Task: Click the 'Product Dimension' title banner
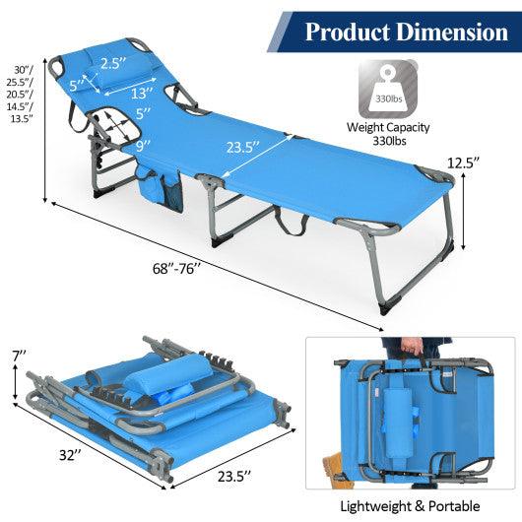[405, 33]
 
